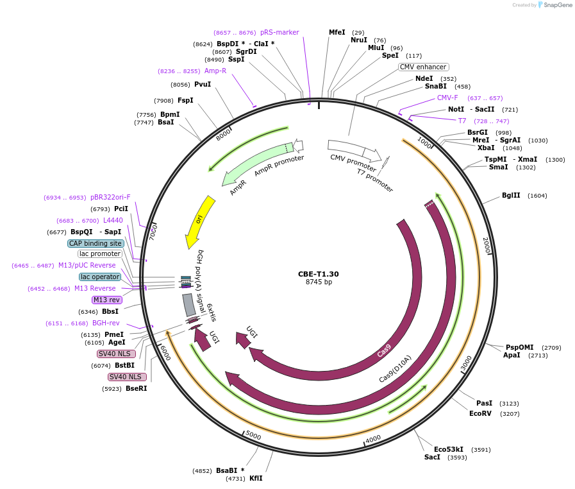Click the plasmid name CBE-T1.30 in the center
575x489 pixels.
click(x=318, y=274)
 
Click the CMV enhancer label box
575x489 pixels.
click(x=423, y=67)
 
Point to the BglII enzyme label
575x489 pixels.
click(x=511, y=196)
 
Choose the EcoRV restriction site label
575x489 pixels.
click(x=480, y=414)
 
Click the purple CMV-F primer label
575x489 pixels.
click(x=447, y=98)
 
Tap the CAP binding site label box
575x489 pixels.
click(x=96, y=244)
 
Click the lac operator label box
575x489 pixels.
click(x=100, y=277)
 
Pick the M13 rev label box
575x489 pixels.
click(x=106, y=300)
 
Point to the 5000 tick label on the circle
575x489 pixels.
click(x=253, y=436)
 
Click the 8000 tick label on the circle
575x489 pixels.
click(x=223, y=135)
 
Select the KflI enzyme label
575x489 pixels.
click(x=256, y=478)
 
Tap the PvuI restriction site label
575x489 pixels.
click(x=203, y=85)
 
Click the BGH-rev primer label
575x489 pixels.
click(x=106, y=323)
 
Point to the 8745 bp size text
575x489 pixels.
click(x=319, y=282)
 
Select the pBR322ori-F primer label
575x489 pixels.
click(x=110, y=198)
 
